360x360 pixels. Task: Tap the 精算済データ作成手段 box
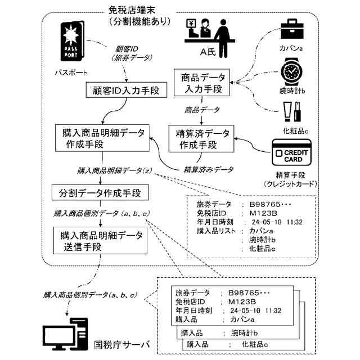click(x=202, y=138)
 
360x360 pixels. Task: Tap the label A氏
click(x=209, y=52)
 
